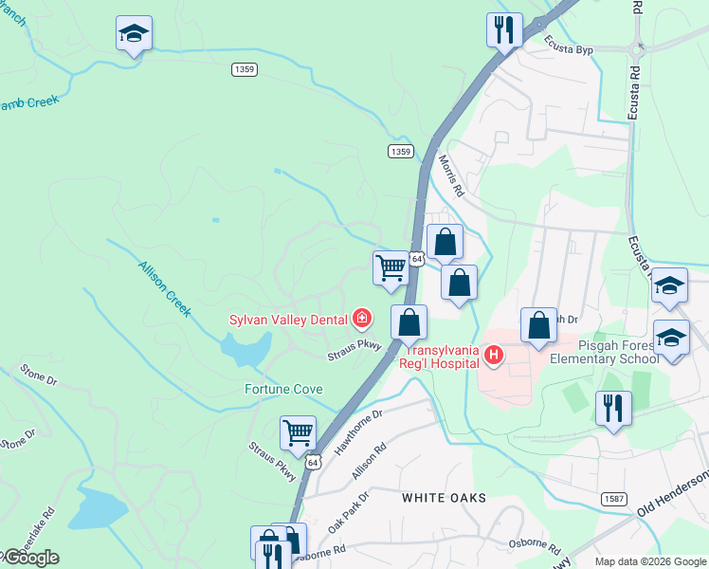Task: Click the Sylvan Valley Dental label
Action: pyautogui.click(x=287, y=320)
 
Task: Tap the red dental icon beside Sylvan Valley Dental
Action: pyautogui.click(x=361, y=318)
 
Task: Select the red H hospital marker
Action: pyautogui.click(x=493, y=356)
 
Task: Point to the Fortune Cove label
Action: pyautogui.click(x=283, y=389)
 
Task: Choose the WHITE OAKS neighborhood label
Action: pyautogui.click(x=444, y=498)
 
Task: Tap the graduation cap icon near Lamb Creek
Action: pyautogui.click(x=134, y=34)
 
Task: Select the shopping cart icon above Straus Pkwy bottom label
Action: pyautogui.click(x=298, y=433)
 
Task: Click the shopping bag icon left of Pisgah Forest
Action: pyautogui.click(x=538, y=325)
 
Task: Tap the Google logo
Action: pyautogui.click(x=31, y=558)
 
